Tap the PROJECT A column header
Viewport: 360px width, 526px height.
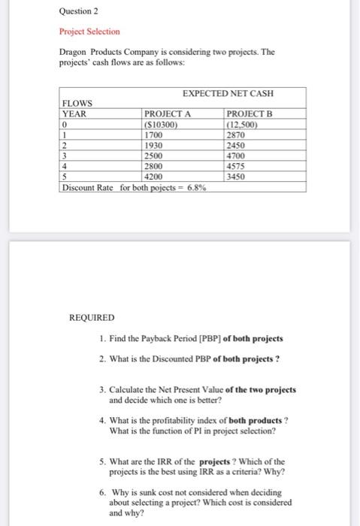pyautogui.click(x=168, y=113)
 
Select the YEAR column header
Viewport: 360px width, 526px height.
pyautogui.click(x=74, y=113)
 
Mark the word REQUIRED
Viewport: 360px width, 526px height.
pyautogui.click(x=92, y=319)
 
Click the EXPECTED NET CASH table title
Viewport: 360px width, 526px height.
pyautogui.click(x=228, y=93)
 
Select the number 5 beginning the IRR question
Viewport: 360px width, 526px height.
pyautogui.click(x=101, y=461)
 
